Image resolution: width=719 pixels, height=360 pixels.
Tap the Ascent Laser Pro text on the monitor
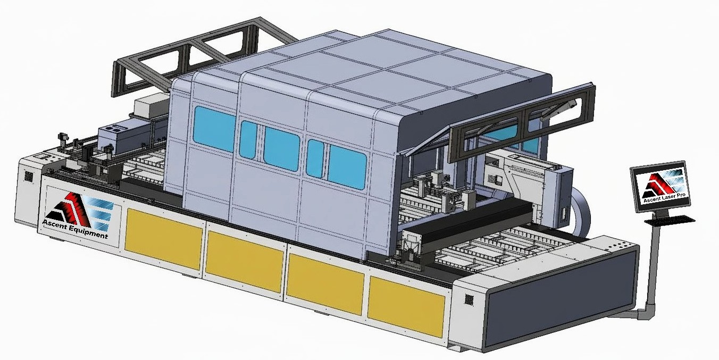coord(664,197)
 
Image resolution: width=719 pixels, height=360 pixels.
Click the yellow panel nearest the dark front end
coord(406,306)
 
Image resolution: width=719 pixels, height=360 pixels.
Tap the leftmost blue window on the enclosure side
coord(214,129)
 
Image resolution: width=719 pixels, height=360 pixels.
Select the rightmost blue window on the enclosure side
coord(347,167)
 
